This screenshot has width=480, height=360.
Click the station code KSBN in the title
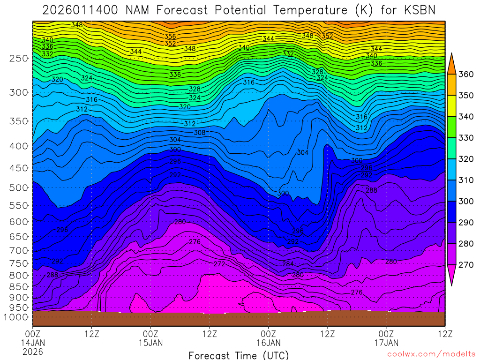point(419,10)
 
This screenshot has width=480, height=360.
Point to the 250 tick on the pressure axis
point(18,59)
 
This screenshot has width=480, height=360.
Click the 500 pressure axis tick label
point(18,188)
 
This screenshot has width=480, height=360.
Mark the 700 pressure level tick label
point(18,250)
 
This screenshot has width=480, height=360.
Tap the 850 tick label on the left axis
point(18,286)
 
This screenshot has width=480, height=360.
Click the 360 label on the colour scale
point(466,75)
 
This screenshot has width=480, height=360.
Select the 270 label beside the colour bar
point(466,265)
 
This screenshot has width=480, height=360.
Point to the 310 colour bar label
point(466,180)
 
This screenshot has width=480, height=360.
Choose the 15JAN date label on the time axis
point(150,343)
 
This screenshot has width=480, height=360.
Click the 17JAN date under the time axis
point(386,343)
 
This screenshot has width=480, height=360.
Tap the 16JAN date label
point(268,343)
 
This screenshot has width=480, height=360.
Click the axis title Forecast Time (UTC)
point(239,355)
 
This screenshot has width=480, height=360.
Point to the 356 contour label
point(170,37)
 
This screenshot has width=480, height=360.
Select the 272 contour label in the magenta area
point(219,264)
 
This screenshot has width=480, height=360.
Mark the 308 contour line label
point(200,133)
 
